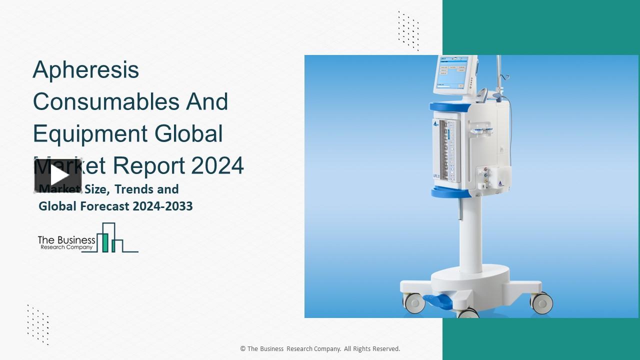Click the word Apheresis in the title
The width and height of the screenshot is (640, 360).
pos(85,70)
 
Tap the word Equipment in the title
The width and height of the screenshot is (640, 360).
pos(90,134)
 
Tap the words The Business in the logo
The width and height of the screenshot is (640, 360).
pos(66,240)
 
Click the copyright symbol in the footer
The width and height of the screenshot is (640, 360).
pos(243,349)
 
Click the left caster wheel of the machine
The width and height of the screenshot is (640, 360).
pos(413,302)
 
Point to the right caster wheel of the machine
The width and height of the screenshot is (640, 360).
pos(541,302)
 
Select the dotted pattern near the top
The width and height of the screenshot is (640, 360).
pos(408,30)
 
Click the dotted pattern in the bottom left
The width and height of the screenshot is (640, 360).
pos(38,324)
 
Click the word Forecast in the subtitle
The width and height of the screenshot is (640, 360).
pos(102,206)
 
